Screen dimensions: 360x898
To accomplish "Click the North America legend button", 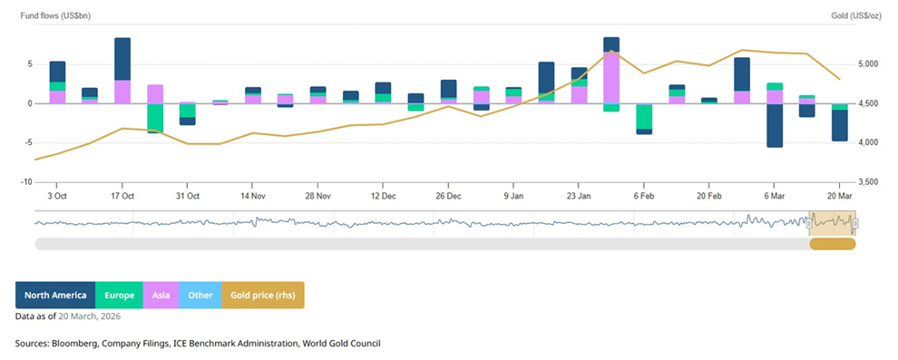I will point(55,295).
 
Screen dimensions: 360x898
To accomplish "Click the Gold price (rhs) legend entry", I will point(263,295).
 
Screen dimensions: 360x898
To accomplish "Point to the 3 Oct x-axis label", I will point(57,195).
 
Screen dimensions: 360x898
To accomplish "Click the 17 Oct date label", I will point(122,195).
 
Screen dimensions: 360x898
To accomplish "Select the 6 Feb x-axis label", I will point(644,195).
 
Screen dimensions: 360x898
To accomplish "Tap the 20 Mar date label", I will point(840,195).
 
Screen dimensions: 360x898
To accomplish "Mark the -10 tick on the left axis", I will point(28,182).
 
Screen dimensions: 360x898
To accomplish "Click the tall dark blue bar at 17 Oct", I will point(122,58).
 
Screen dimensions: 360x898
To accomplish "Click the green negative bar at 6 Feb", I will point(644,116).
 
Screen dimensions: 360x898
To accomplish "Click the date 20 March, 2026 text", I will point(89,316).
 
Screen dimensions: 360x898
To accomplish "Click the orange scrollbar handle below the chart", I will point(832,243).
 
